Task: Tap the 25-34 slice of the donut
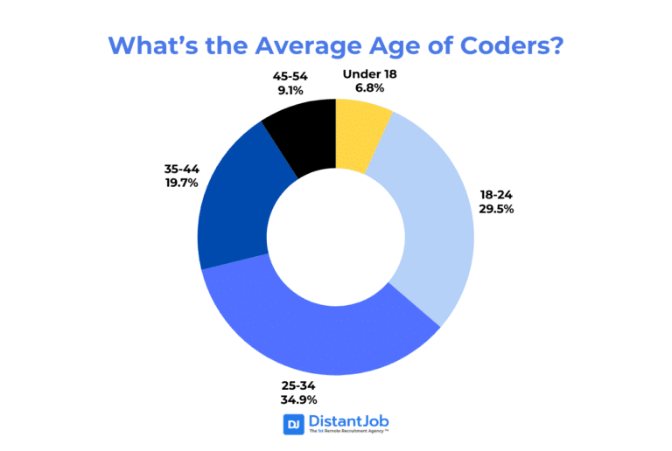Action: tap(324, 341)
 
